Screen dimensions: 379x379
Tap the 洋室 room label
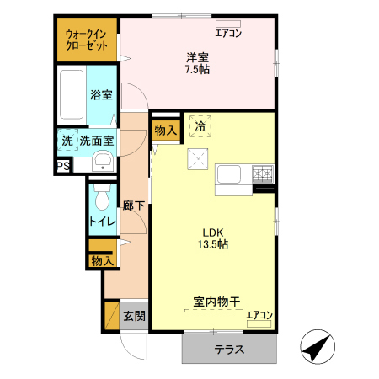[198, 57]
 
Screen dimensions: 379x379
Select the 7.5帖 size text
[198, 70]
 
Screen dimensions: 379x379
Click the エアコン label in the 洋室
[227, 34]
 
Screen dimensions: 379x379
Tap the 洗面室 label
[97, 141]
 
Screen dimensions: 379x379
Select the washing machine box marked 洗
[65, 141]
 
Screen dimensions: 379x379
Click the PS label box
[62, 167]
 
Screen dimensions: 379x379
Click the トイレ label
[102, 222]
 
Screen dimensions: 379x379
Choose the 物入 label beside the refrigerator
[165, 130]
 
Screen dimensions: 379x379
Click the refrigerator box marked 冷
[200, 126]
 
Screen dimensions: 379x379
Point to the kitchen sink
[230, 174]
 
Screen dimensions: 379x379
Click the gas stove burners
[263, 174]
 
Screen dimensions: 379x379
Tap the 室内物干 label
[216, 301]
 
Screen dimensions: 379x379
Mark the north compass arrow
[317, 347]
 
